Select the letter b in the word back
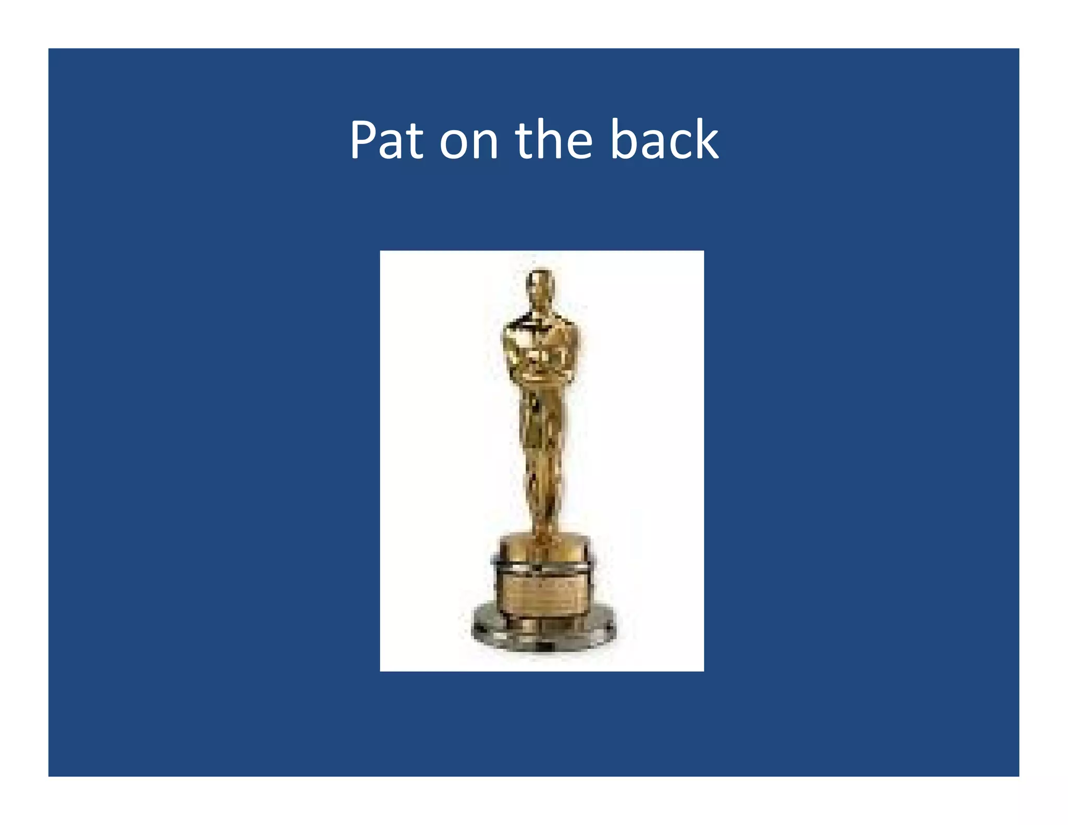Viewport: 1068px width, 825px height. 623,140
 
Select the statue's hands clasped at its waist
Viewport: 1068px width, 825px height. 540,365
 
